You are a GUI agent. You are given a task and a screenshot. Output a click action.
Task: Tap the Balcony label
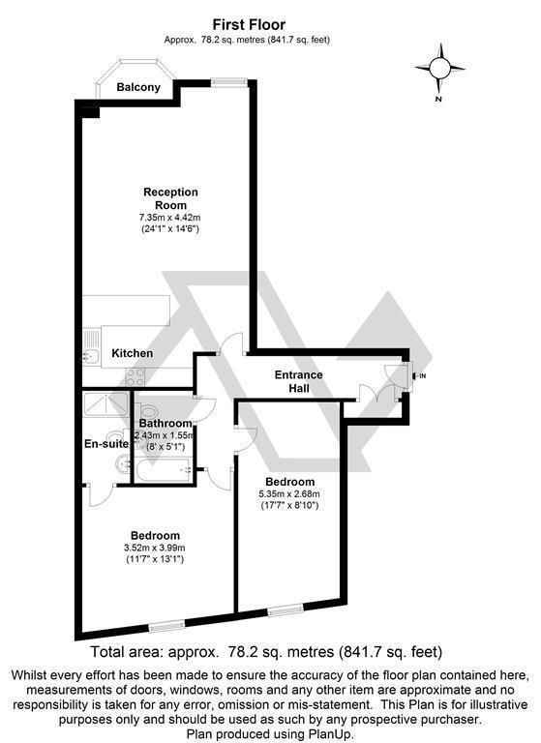(138, 87)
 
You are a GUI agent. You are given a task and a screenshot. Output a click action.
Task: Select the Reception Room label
(170, 198)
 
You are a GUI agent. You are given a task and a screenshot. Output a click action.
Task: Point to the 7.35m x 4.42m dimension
(170, 221)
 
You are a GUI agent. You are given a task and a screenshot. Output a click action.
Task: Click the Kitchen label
(132, 353)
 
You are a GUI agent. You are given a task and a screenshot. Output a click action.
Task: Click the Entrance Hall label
(299, 381)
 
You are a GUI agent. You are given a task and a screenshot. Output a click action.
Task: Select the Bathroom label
(164, 423)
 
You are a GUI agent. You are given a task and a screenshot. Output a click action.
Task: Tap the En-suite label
(105, 444)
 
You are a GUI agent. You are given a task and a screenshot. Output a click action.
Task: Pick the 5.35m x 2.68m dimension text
(288, 495)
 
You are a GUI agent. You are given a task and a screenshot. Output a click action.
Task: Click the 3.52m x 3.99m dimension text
(156, 549)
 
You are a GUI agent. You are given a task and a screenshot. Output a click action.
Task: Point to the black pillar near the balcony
(90, 111)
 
